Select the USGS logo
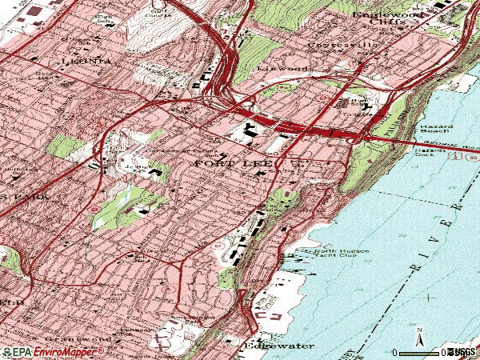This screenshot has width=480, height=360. coord(462,353)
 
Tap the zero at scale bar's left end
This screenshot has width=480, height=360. coord(395,353)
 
